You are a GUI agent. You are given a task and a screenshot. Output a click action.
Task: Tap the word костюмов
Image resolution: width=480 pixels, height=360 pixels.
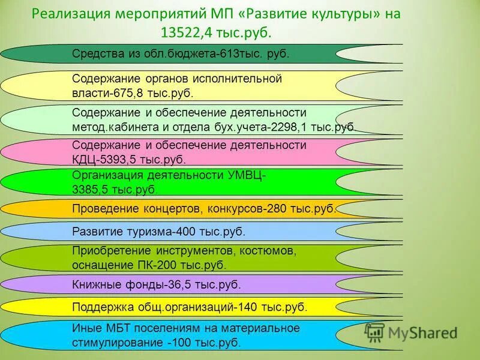click(269, 250)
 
